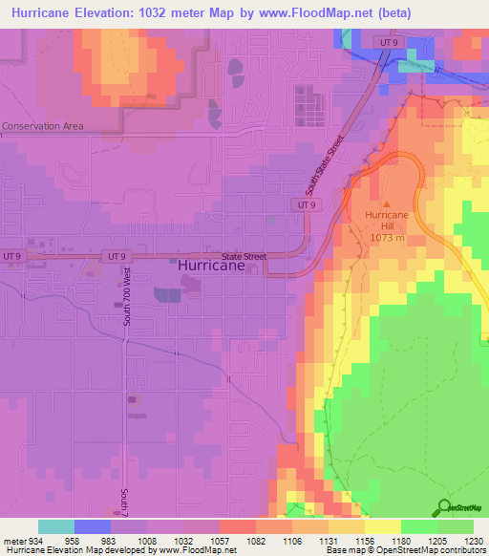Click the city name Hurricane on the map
coord(218,268)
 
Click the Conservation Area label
coord(42,126)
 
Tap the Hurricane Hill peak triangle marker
coord(387,203)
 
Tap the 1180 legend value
coord(389,540)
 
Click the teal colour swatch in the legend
coord(56,526)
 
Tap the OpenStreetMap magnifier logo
coord(444,508)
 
